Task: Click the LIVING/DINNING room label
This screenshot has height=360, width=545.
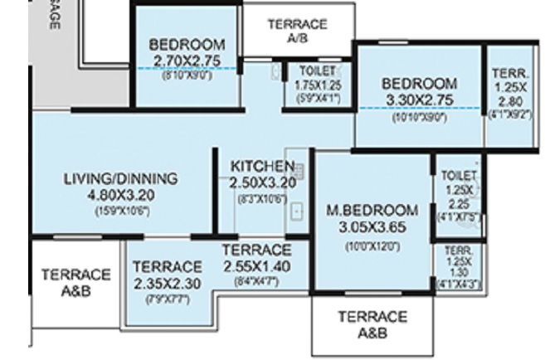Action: pos(121,178)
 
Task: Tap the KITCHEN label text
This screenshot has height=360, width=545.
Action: pos(262,164)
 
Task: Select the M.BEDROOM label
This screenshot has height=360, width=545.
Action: pos(372,210)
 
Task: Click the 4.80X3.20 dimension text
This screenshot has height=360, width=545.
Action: pos(121,195)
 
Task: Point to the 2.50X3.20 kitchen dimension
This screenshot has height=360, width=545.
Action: pos(262,182)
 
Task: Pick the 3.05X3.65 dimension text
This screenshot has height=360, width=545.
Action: pos(372,226)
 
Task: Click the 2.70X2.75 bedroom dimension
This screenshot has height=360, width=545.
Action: pos(187,60)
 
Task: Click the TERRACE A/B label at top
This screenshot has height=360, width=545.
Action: pos(296,31)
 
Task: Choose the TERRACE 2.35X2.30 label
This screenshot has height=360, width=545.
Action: pos(168,275)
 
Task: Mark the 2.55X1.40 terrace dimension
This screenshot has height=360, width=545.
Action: pos(257,265)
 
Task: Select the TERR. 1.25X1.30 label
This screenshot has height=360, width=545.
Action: pos(458,265)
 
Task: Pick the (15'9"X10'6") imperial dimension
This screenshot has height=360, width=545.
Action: pos(121,212)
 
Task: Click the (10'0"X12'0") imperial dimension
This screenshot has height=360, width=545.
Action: pos(372,246)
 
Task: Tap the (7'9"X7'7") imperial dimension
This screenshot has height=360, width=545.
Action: pos(168,299)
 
